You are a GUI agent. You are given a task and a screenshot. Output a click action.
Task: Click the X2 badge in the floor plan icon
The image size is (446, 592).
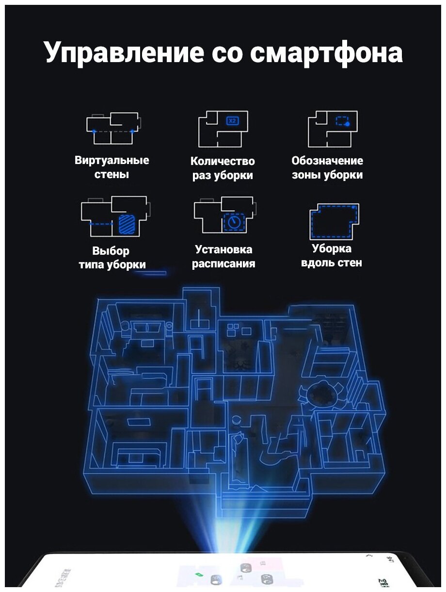[232, 120]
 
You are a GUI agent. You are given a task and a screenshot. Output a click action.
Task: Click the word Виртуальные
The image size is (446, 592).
[112, 161]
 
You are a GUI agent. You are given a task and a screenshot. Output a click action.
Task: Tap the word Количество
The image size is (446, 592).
[223, 161]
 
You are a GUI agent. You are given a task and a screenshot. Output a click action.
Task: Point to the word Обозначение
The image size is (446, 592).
[327, 161]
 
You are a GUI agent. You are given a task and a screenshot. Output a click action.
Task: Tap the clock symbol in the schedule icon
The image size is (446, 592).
[235, 222]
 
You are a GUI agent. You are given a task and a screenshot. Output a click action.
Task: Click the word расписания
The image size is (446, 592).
[223, 264]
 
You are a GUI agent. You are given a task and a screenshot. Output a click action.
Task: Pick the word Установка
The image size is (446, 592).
[223, 250]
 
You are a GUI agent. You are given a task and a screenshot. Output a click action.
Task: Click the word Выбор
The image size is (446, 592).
[111, 251]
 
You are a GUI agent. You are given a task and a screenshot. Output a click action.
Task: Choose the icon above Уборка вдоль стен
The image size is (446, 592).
[334, 221]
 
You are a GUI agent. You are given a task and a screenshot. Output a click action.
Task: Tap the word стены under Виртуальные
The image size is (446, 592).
[111, 175]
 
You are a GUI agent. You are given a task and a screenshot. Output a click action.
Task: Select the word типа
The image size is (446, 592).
[93, 265]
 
